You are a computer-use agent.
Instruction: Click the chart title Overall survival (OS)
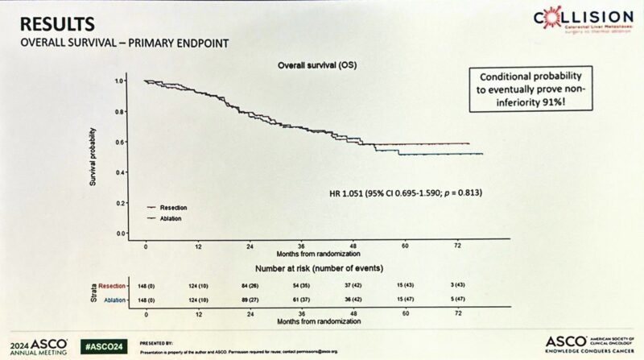coord(310,64)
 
